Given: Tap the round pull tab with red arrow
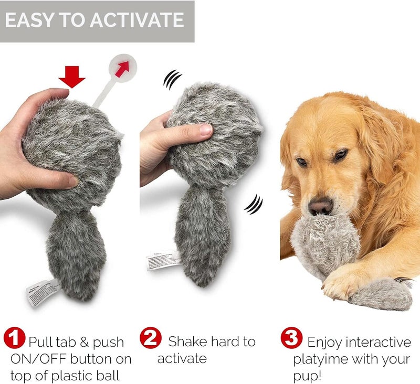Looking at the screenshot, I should [x=123, y=69].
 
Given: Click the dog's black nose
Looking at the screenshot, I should [x=320, y=206].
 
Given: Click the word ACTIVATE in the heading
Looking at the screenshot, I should [x=138, y=20].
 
